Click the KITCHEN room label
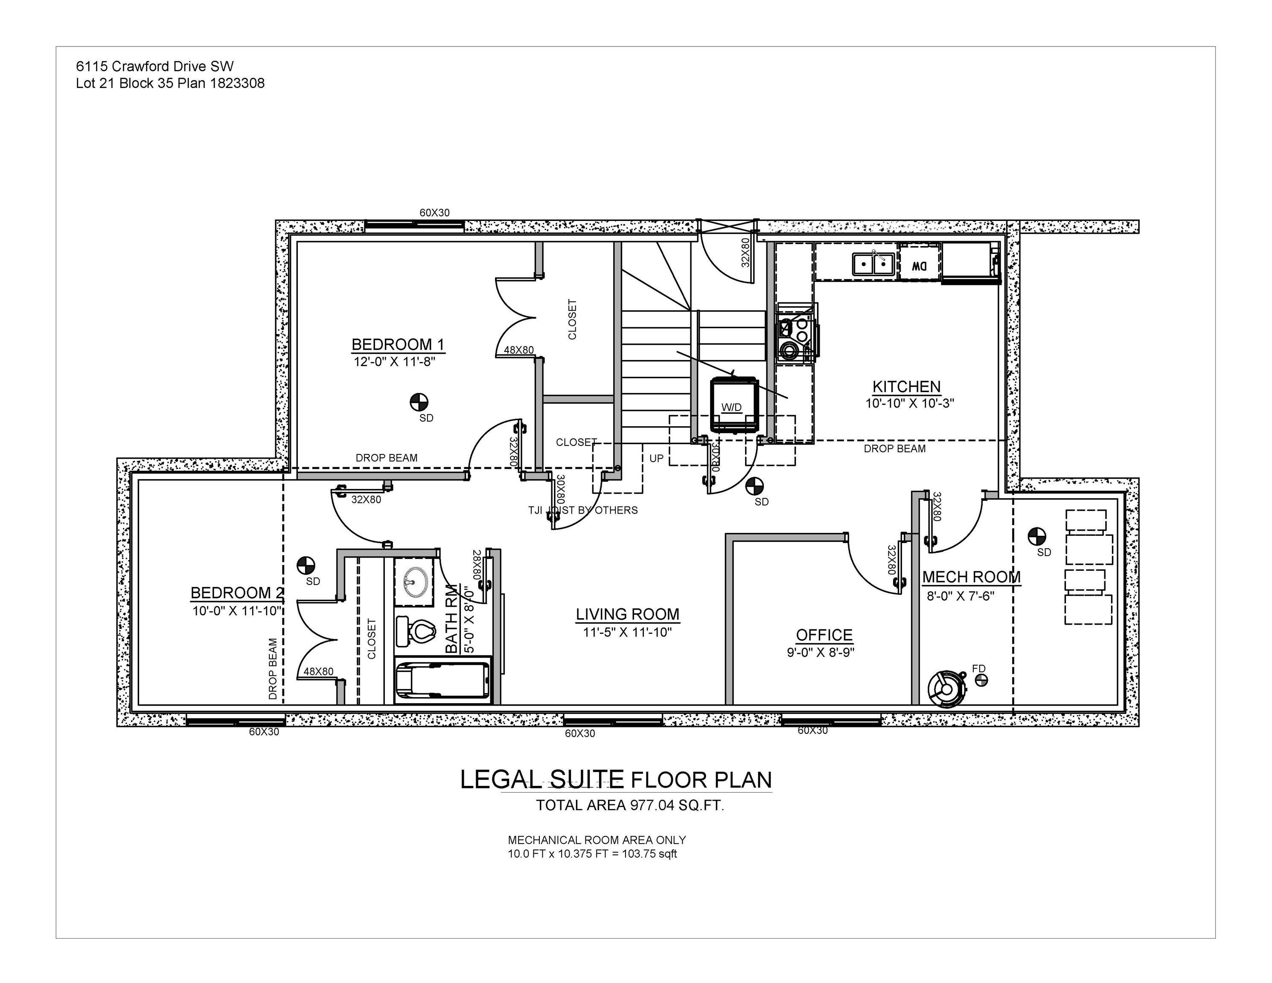click(906, 387)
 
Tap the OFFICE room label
click(824, 635)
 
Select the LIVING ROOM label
click(627, 614)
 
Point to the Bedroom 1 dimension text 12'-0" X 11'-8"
click(394, 362)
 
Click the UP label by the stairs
click(656, 458)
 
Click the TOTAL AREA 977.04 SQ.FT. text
click(629, 806)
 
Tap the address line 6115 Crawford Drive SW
click(154, 67)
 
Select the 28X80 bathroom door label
click(477, 564)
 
